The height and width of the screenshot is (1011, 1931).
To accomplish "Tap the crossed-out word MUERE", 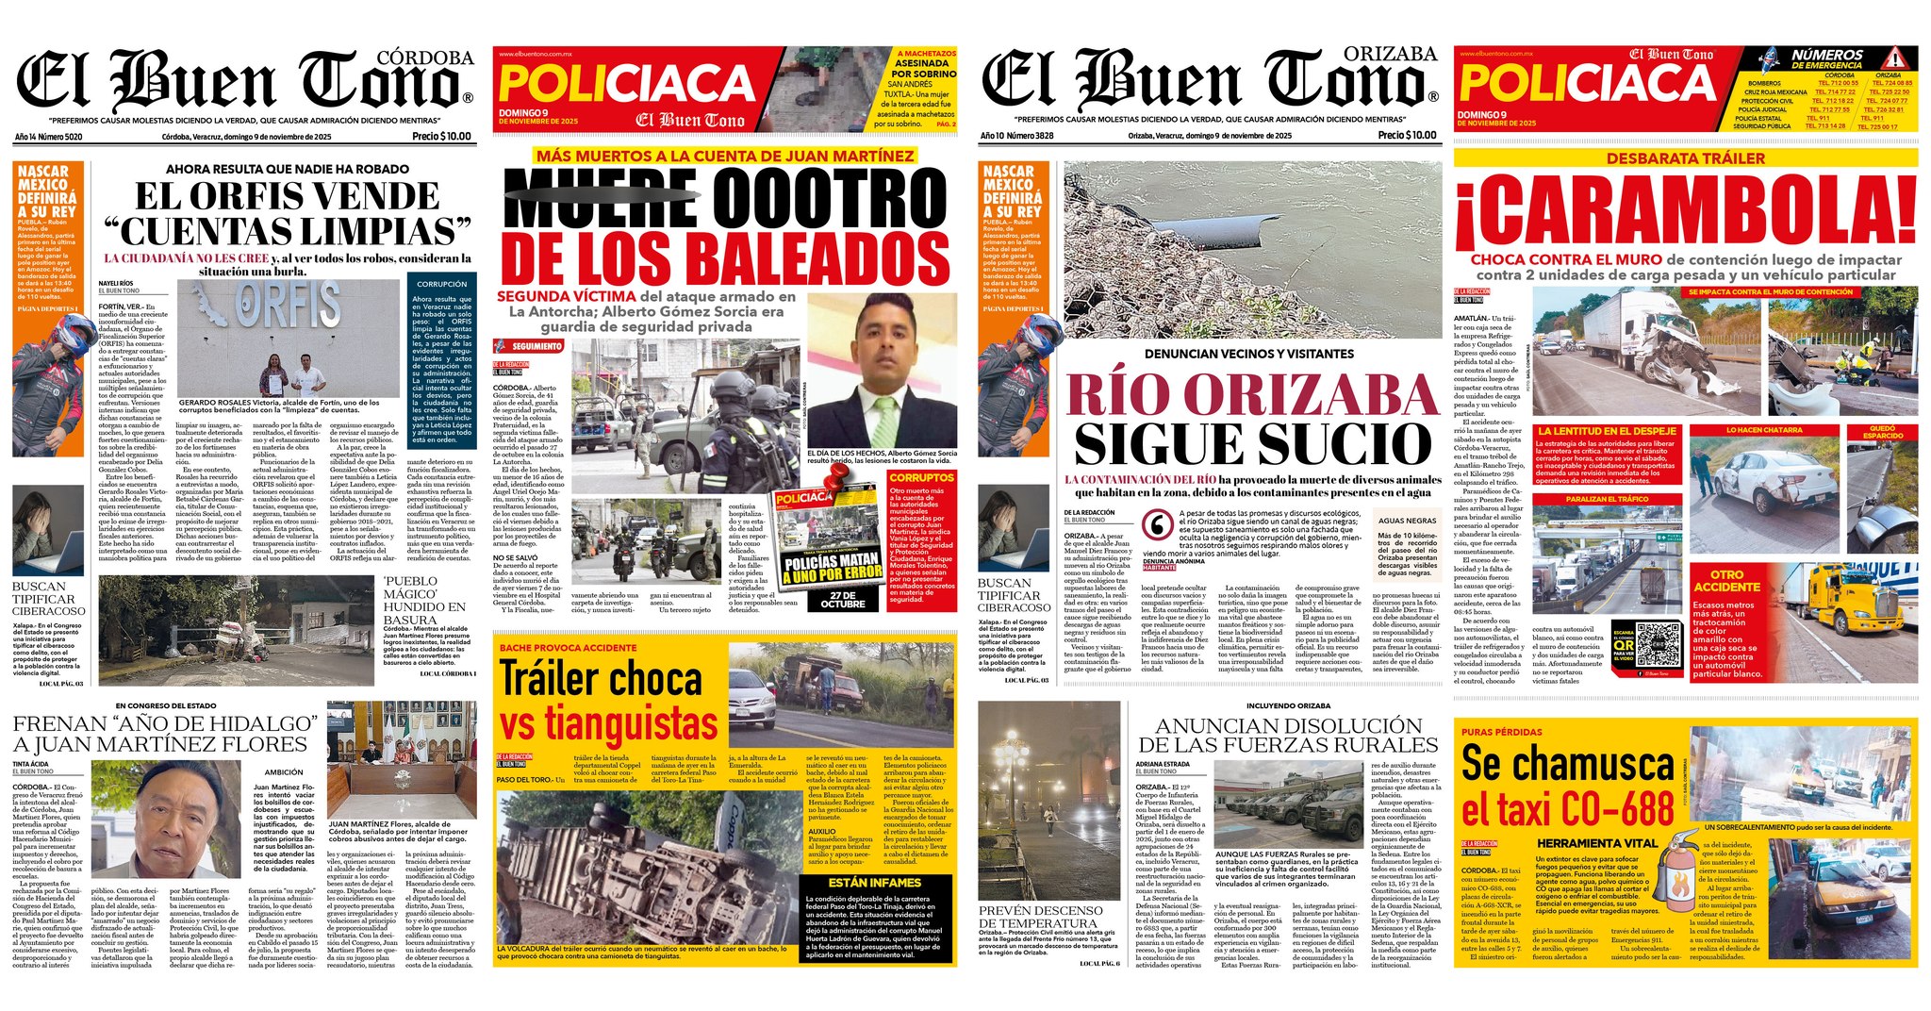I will click(600, 198).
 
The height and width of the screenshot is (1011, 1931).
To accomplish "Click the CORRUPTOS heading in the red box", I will click(922, 478).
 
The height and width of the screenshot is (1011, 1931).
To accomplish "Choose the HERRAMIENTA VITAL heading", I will click(1596, 843).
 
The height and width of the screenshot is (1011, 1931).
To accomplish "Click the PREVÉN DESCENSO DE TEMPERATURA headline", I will click(1040, 917).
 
